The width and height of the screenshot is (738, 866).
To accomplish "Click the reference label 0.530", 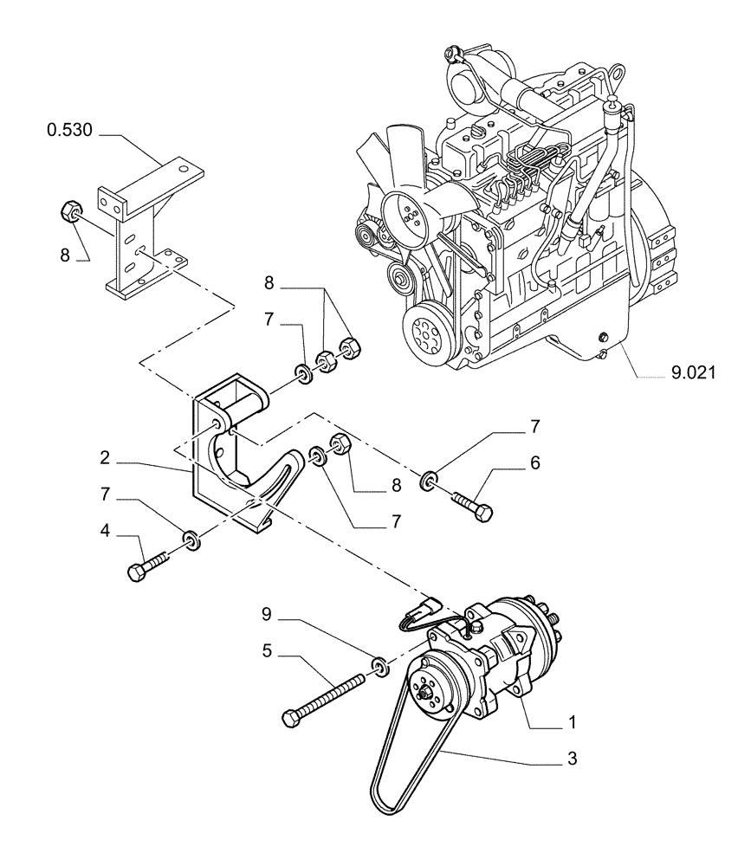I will pos(72,132).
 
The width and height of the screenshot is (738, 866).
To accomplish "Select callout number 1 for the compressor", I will pos(573,721).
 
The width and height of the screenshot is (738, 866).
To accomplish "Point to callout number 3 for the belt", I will pos(571,759).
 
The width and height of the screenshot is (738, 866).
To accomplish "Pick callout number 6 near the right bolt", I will pos(534,463).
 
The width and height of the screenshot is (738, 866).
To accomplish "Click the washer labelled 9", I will pos(379,666).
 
